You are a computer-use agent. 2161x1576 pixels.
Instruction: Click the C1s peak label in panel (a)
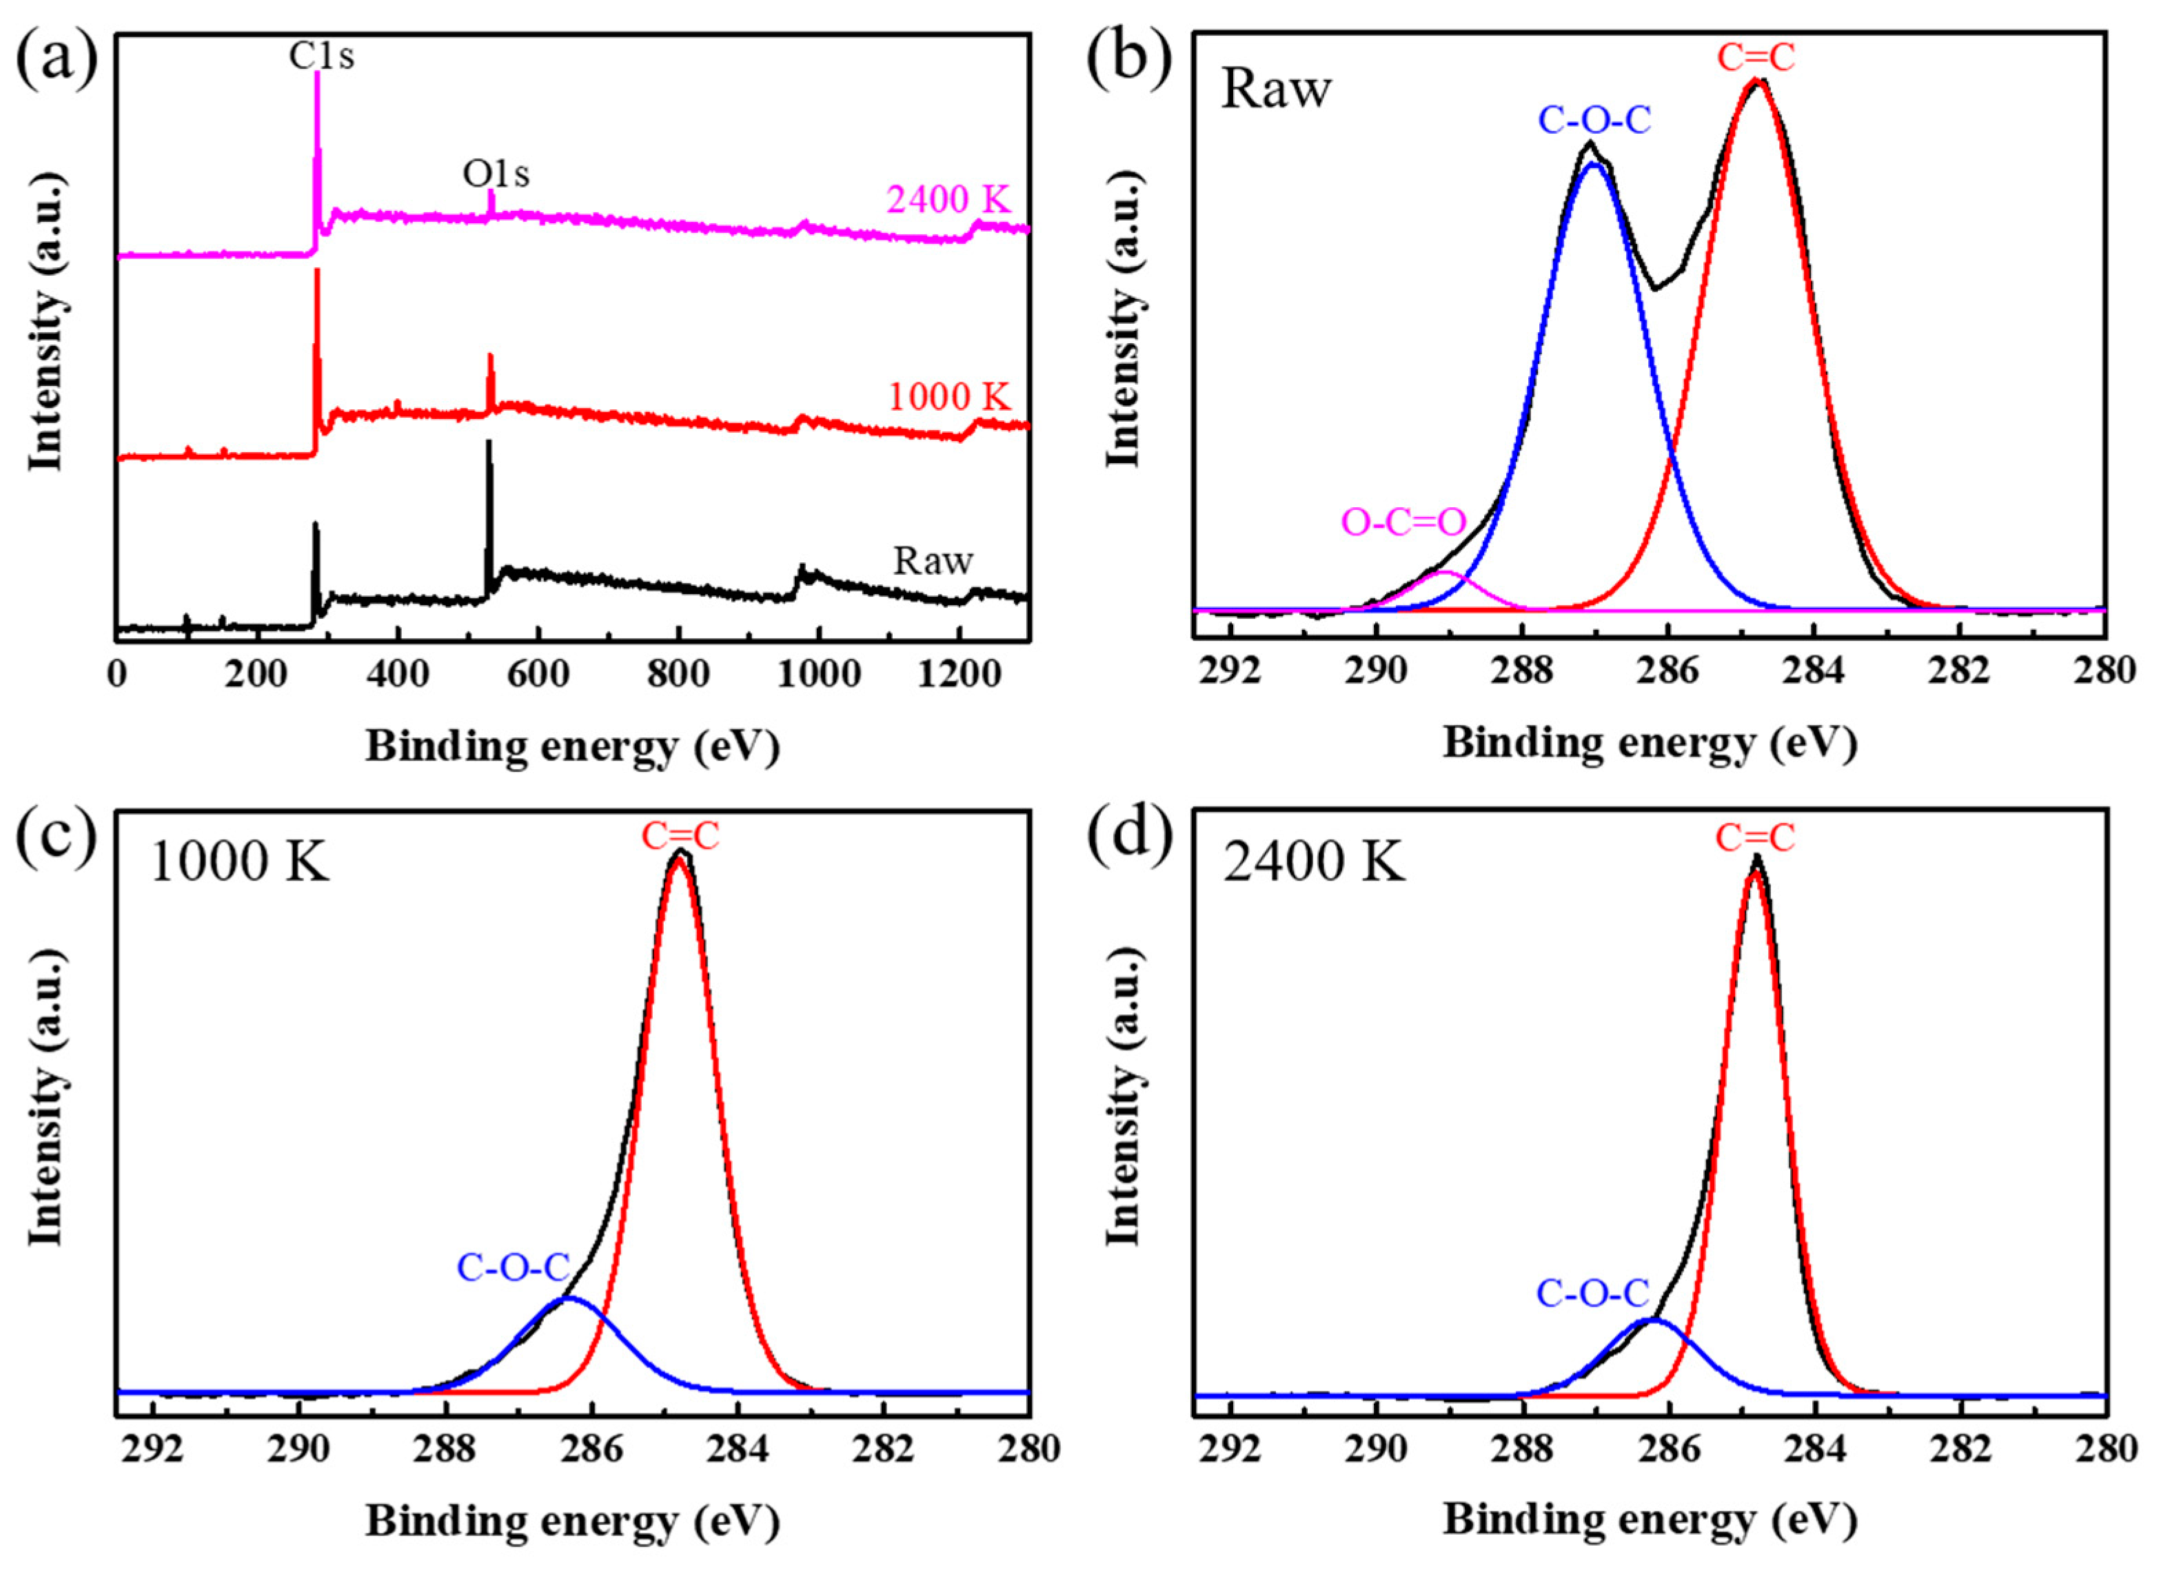click(x=321, y=57)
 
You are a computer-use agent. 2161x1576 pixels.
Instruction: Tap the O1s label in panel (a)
click(x=496, y=174)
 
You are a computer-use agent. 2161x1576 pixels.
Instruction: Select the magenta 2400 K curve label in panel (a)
click(x=947, y=201)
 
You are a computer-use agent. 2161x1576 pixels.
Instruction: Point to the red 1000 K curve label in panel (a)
click(x=948, y=397)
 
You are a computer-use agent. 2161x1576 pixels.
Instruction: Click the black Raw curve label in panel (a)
click(x=932, y=561)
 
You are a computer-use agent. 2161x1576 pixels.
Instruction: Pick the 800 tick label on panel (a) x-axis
click(x=678, y=675)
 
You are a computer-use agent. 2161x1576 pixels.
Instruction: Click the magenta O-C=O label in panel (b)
click(x=1403, y=522)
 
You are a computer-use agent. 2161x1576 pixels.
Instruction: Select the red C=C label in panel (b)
click(x=1756, y=58)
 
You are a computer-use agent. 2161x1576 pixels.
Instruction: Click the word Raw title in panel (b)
click(x=1276, y=91)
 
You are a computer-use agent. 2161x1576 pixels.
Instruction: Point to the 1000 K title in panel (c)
click(x=239, y=863)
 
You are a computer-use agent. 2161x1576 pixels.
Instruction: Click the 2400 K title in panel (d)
click(x=1314, y=863)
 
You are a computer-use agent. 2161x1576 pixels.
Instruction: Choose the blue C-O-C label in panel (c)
click(x=514, y=1268)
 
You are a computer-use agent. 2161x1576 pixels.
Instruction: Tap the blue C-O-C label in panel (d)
click(x=1592, y=1293)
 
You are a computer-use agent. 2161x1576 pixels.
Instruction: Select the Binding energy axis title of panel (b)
click(x=1650, y=743)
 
